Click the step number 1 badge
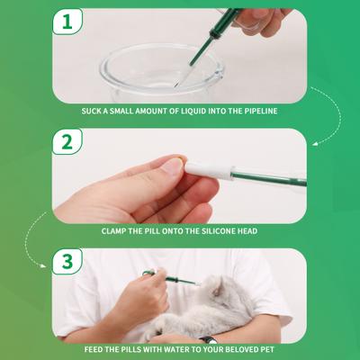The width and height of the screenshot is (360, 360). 67,22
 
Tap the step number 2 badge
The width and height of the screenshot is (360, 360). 67,142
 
